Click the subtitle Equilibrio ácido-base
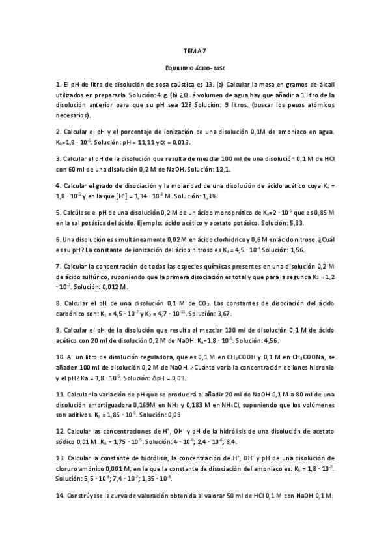coord(195,68)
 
